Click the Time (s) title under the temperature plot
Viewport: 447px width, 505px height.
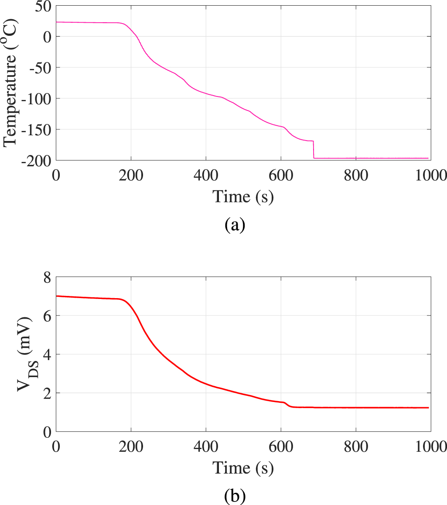tap(243, 197)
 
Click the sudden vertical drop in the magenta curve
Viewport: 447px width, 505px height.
tap(314, 150)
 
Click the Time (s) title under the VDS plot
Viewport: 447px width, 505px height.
tap(243, 468)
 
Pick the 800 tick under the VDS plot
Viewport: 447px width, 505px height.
tap(356, 446)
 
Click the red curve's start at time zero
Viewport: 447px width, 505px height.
tap(57, 296)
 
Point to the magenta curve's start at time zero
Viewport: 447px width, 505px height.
tap(57, 22)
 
